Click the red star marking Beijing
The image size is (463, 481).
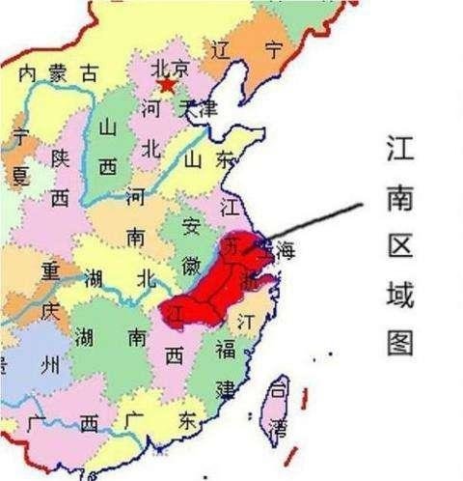pos(167,85)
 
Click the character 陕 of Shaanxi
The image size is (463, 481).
pos(60,157)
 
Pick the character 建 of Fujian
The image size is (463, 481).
pos(225,389)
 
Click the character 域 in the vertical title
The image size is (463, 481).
pos(398,293)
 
